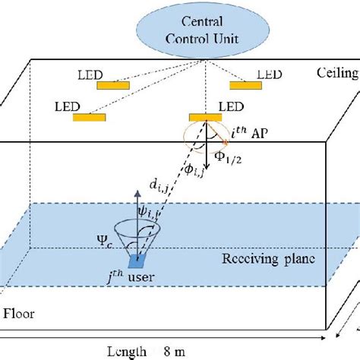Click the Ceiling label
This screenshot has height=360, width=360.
(337, 73)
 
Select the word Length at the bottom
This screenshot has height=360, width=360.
(125, 351)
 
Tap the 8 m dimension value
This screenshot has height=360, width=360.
(172, 351)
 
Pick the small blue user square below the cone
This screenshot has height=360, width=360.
(138, 261)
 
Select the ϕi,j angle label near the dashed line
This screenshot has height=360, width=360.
(195, 173)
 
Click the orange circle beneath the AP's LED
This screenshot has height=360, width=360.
(206, 134)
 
